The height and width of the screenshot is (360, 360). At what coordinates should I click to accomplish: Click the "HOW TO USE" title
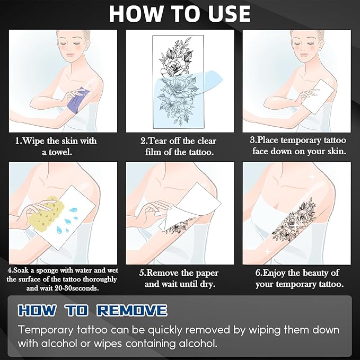pyautogui.click(x=180, y=14)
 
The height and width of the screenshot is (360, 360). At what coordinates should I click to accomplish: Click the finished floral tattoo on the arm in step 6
pyautogui.click(x=294, y=221)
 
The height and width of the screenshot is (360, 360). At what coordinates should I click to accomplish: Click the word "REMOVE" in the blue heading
pyautogui.click(x=132, y=311)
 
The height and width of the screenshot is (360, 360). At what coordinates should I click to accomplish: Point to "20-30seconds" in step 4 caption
pyautogui.click(x=77, y=288)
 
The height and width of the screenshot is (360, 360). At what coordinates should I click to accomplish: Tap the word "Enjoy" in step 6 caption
pyautogui.click(x=274, y=273)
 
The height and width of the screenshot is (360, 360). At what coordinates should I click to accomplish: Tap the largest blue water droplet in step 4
pyautogui.click(x=74, y=210)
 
